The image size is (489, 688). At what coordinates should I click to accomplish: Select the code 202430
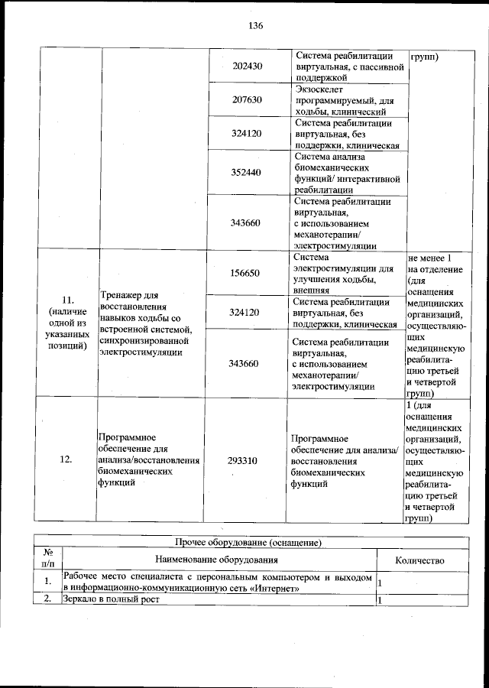247,67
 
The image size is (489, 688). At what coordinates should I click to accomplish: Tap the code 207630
247,99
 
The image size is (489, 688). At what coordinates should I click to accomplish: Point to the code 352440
247,172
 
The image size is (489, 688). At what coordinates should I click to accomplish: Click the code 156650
247,273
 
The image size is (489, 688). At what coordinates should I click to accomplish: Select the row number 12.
66,460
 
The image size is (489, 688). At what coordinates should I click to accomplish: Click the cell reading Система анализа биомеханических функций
347,172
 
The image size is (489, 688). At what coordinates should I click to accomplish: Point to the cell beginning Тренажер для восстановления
150,324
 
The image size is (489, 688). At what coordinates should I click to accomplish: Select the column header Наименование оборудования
218,560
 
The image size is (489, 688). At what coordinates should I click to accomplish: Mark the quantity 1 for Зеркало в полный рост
381,599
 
